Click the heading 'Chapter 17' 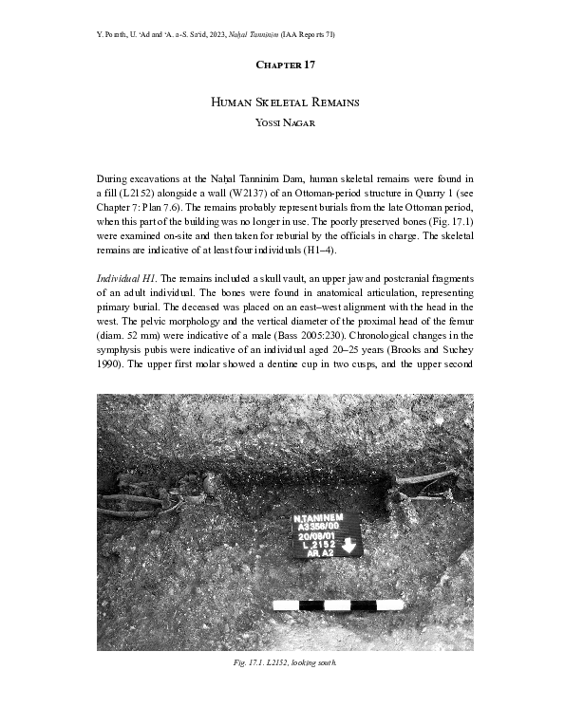click(x=282, y=65)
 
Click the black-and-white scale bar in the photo click(x=338, y=605)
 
